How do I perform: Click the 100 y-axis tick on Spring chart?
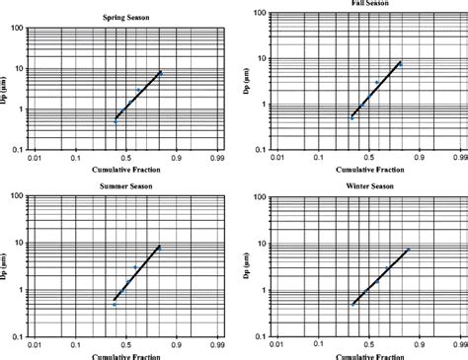tap(17, 28)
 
